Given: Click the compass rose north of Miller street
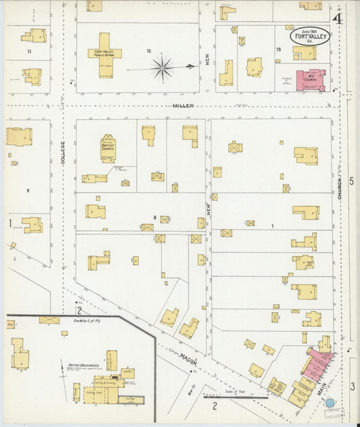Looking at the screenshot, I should click(162, 68).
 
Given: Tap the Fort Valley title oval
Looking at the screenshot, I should click(311, 36).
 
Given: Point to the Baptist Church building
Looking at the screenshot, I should click(108, 148).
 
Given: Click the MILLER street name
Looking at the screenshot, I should click(182, 106).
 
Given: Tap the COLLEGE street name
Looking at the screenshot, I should click(63, 155).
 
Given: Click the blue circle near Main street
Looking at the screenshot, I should click(330, 403).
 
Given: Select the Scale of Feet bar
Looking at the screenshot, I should click(236, 397).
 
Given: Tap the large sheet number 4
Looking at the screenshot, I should click(336, 18).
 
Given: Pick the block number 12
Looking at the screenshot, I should click(149, 51).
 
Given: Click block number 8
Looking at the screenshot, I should click(155, 217).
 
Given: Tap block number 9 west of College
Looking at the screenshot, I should click(28, 191).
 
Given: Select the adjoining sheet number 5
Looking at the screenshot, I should click(351, 181).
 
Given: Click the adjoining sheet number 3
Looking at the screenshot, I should click(352, 386).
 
